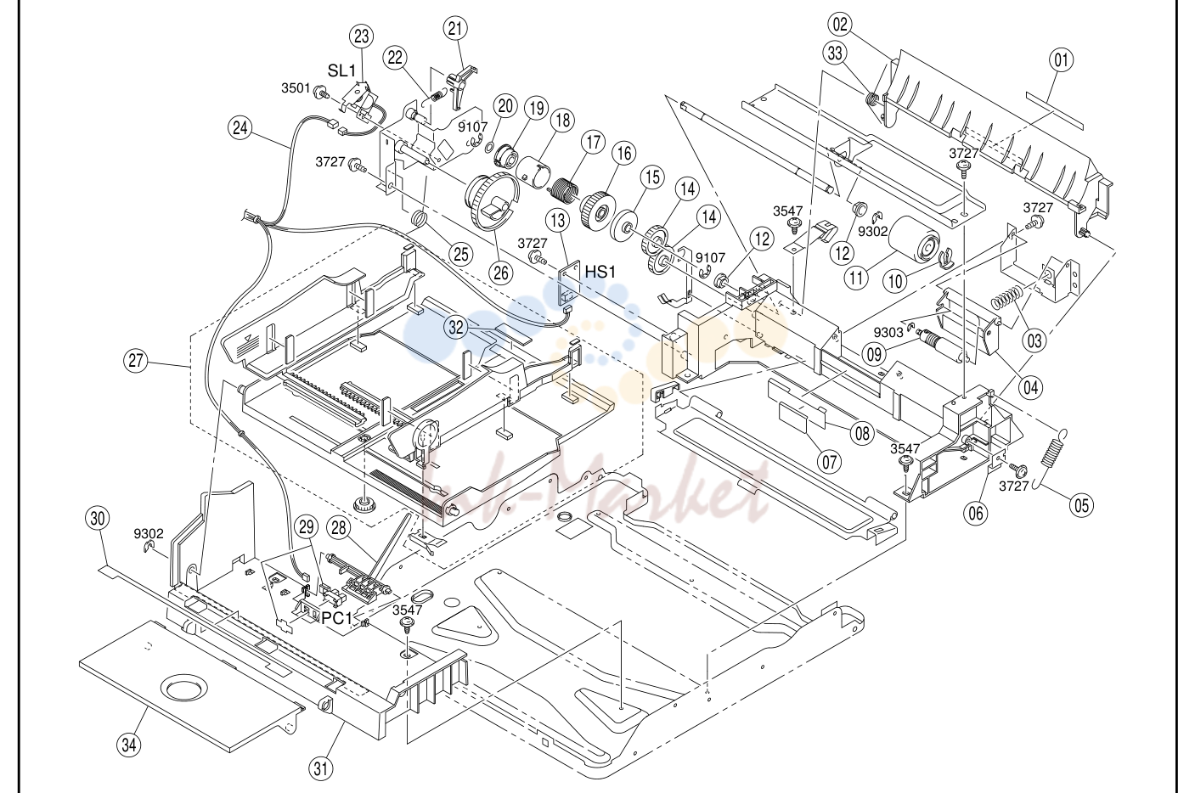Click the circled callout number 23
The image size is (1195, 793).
pyautogui.click(x=361, y=37)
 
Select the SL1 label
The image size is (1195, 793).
pyautogui.click(x=341, y=71)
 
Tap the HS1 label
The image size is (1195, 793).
pyautogui.click(x=600, y=272)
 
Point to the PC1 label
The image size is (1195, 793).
pyautogui.click(x=337, y=618)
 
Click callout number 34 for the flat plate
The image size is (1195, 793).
pyautogui.click(x=129, y=745)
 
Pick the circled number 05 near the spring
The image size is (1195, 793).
pyautogui.click(x=1081, y=505)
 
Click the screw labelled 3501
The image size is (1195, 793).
pyautogui.click(x=323, y=92)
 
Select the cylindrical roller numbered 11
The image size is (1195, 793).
pyautogui.click(x=914, y=240)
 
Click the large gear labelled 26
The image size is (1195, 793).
pyautogui.click(x=491, y=201)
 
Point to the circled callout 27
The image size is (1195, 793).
pyautogui.click(x=136, y=361)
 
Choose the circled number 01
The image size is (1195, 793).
pyautogui.click(x=1061, y=59)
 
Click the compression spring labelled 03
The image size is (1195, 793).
pyautogui.click(x=1007, y=298)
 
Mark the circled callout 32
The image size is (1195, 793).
pyautogui.click(x=456, y=328)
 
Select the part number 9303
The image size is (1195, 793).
pyautogui.click(x=888, y=332)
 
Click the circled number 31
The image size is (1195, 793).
pyautogui.click(x=321, y=768)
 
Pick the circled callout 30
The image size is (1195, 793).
pyautogui.click(x=97, y=518)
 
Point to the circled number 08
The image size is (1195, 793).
pyautogui.click(x=862, y=434)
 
